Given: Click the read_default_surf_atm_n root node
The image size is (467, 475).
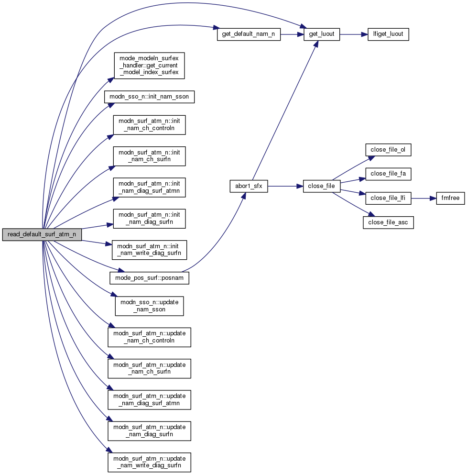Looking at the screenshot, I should pyautogui.click(x=42, y=235).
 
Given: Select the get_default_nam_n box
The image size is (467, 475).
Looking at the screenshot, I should pyautogui.click(x=249, y=34).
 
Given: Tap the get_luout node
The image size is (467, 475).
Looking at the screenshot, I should pyautogui.click(x=322, y=34).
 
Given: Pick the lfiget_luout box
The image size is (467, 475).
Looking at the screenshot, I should pyautogui.click(x=388, y=34).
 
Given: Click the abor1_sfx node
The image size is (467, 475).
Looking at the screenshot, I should pyautogui.click(x=249, y=187).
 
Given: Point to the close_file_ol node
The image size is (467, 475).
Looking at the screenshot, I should pyautogui.click(x=388, y=149).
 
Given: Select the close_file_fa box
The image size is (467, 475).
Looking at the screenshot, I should pyautogui.click(x=388, y=174).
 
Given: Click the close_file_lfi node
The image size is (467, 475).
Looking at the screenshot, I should pyautogui.click(x=389, y=198).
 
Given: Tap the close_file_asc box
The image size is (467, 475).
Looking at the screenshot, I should pyautogui.click(x=388, y=222).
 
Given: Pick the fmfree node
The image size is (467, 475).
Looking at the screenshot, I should pyautogui.click(x=450, y=198).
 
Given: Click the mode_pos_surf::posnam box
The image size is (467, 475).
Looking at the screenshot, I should pyautogui.click(x=149, y=277).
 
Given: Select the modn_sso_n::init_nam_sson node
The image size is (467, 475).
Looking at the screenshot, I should pyautogui.click(x=149, y=96).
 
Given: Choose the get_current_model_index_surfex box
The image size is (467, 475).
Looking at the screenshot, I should pyautogui.click(x=149, y=66).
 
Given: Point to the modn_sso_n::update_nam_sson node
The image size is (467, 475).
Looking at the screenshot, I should pyautogui.click(x=149, y=306).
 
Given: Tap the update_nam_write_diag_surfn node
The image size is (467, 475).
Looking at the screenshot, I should pyautogui.click(x=149, y=461).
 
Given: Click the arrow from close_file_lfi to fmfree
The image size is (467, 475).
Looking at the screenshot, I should pyautogui.click(x=424, y=198).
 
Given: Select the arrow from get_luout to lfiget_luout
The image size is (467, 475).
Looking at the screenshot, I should pyautogui.click(x=353, y=34).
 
